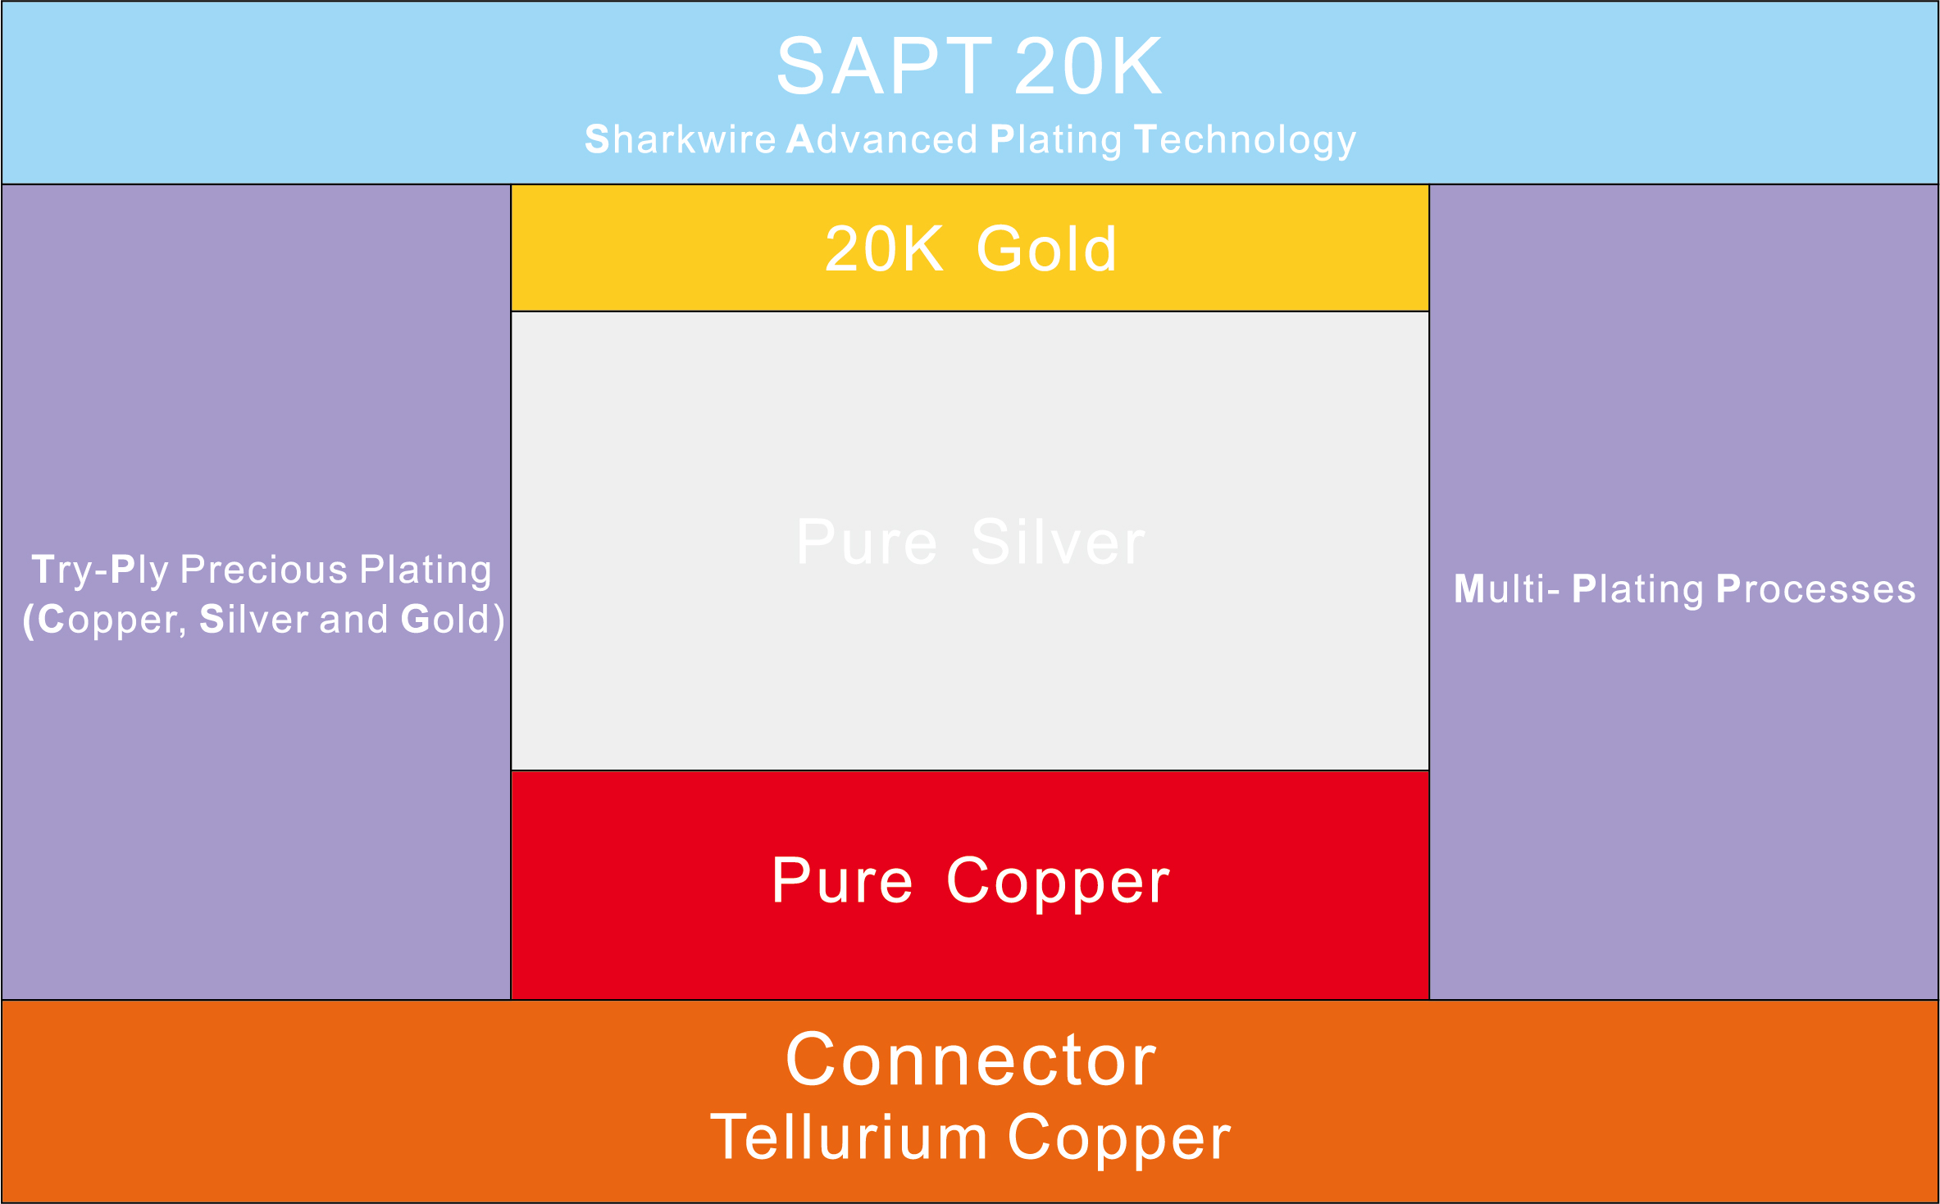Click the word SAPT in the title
(x=884, y=66)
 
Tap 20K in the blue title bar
(x=1087, y=66)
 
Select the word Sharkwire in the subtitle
(x=680, y=139)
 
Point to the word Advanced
(x=882, y=139)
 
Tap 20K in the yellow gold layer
(x=884, y=249)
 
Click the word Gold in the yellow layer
(x=1046, y=249)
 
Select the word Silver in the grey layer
(x=1058, y=543)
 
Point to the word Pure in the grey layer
(x=867, y=543)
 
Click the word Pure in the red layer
(x=842, y=881)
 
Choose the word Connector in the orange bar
(x=971, y=1060)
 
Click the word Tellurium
(x=849, y=1138)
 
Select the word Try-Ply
(x=100, y=570)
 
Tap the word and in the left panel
(x=353, y=620)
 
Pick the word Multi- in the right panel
(x=1506, y=589)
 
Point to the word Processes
(x=1815, y=589)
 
